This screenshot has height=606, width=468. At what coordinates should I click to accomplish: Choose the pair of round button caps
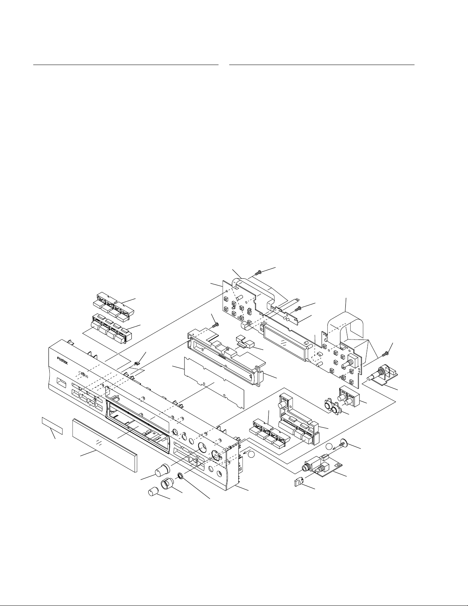[x=331, y=407]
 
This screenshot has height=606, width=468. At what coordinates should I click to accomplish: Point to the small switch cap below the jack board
[x=299, y=483]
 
